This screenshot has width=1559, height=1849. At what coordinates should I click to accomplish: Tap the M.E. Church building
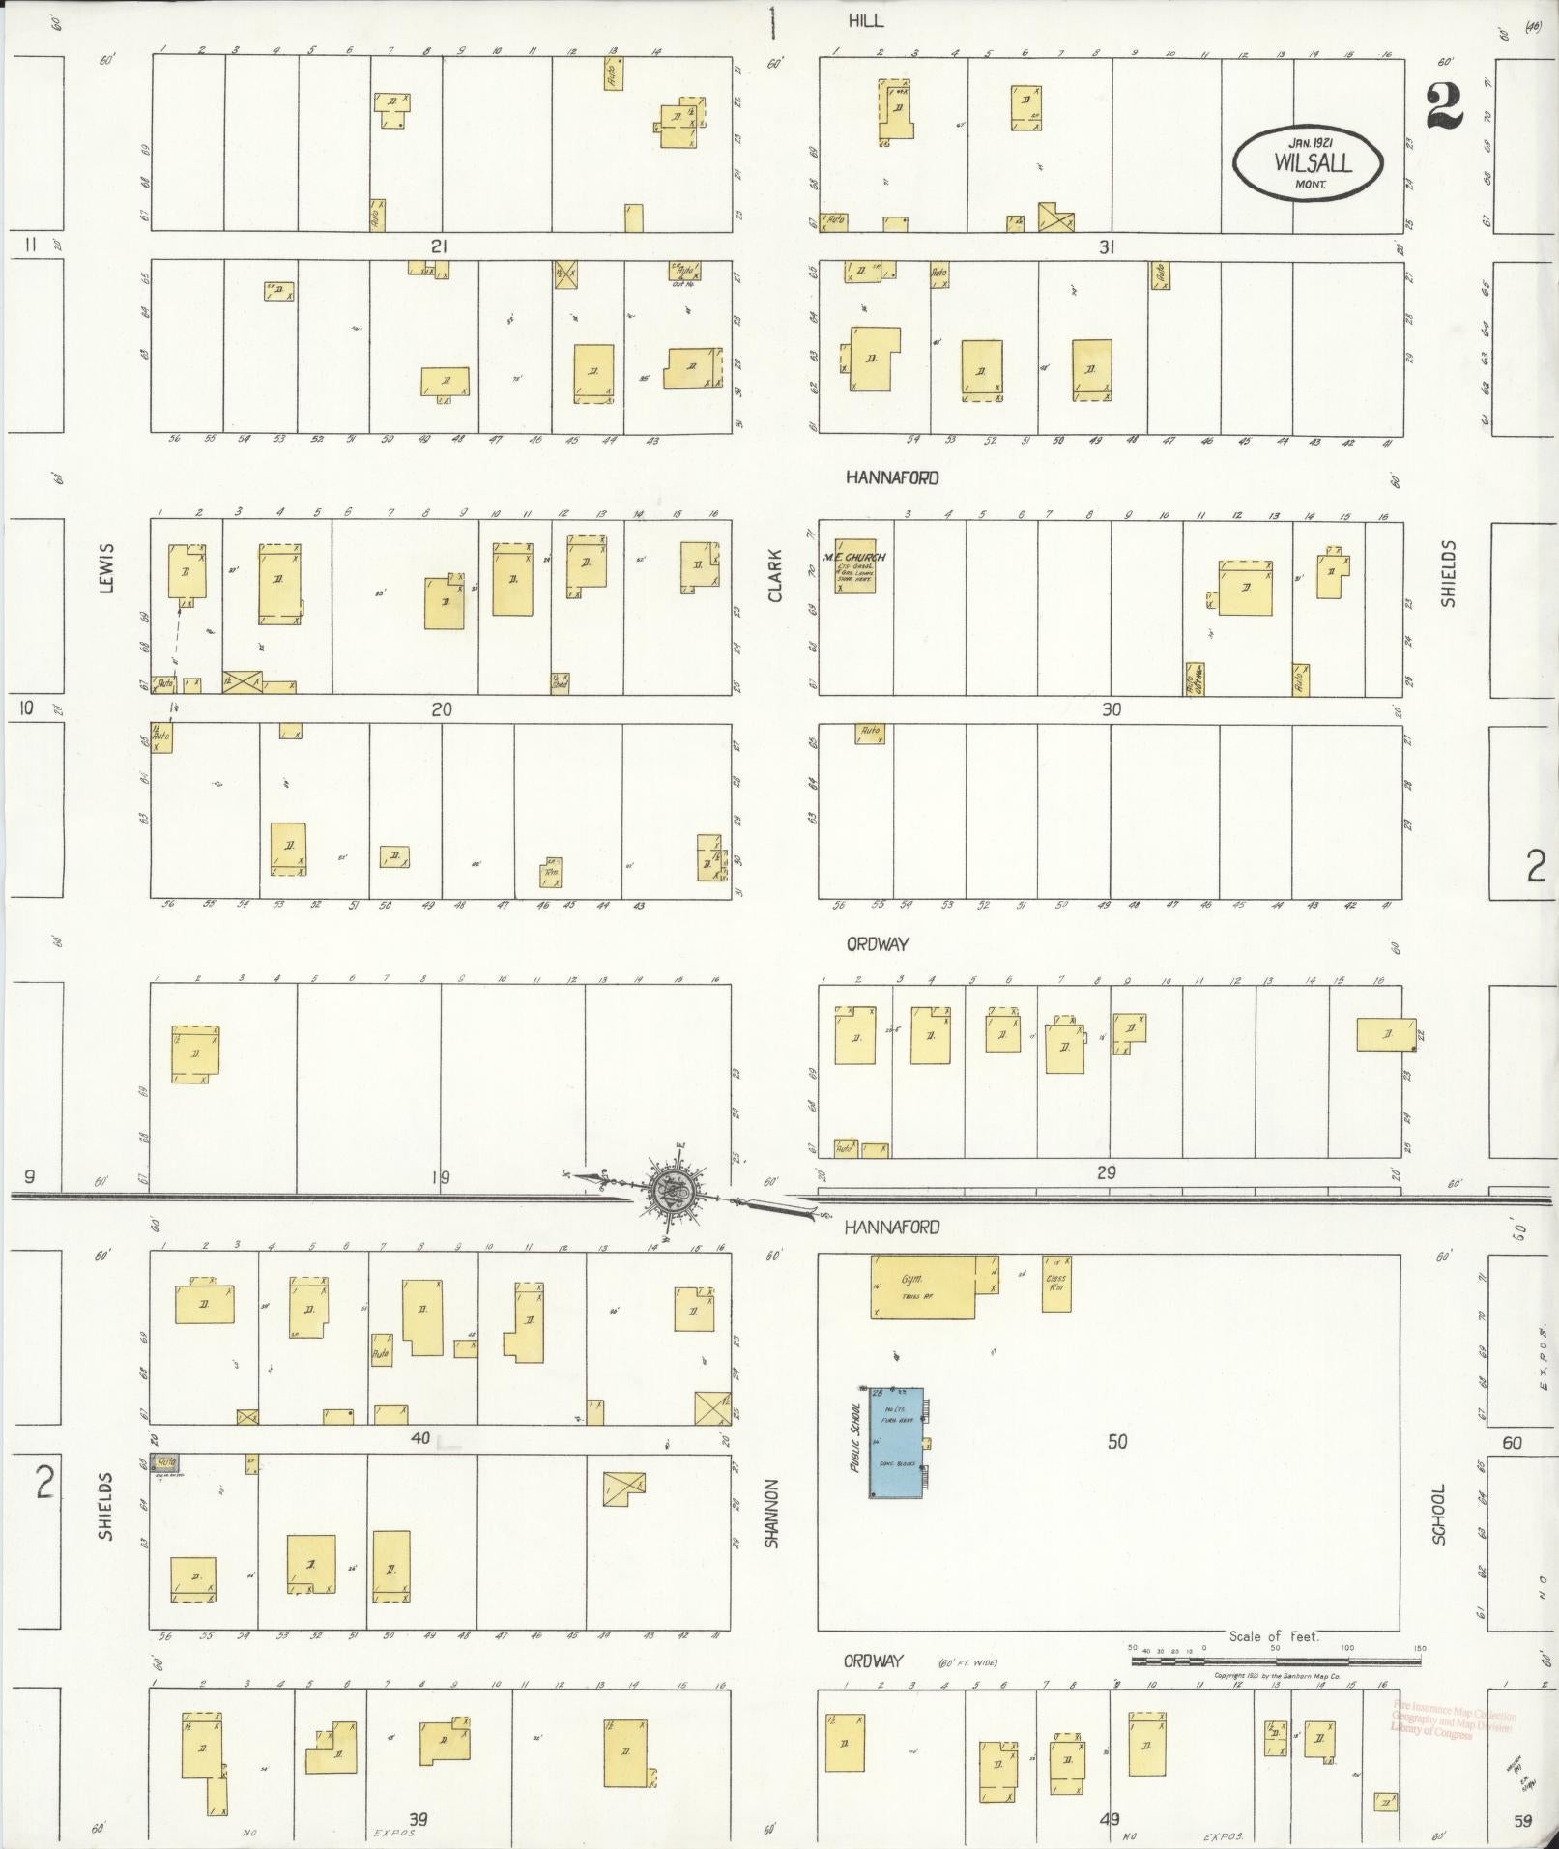tap(854, 565)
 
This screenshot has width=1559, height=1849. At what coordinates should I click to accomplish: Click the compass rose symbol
tap(667, 1195)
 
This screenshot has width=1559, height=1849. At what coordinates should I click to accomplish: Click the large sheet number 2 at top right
tap(1444, 106)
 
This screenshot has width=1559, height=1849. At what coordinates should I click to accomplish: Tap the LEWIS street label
tap(106, 567)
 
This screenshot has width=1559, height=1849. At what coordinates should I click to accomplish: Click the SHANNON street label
tap(771, 1514)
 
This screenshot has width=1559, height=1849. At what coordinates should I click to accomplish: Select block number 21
tap(440, 246)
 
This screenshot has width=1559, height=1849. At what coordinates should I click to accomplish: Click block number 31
tap(1107, 246)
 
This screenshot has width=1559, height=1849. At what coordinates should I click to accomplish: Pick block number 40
tap(420, 1438)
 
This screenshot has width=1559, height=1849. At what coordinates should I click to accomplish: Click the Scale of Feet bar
tap(1276, 1661)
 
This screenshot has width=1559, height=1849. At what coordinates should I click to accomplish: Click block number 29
tap(1107, 1173)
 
